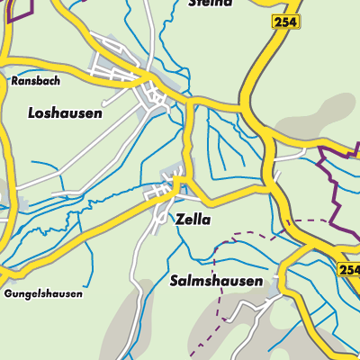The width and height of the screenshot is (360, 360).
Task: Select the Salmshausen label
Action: (216, 282)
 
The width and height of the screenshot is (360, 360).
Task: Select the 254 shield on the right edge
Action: (350, 269)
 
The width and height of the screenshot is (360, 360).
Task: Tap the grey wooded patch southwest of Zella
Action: (135, 315)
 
